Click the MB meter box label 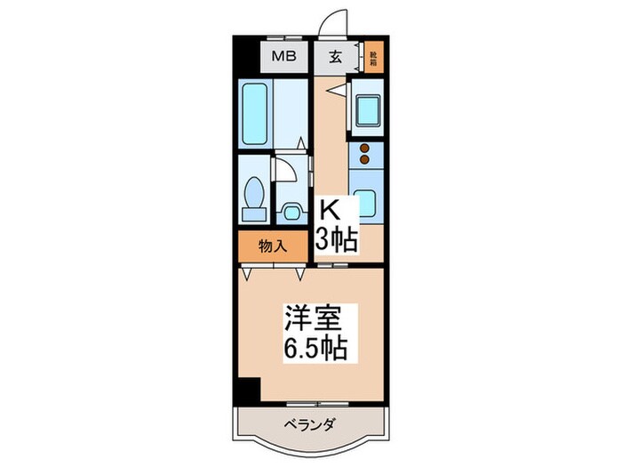283,57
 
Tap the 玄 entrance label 338,57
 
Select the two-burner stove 364,156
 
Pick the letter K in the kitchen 329,212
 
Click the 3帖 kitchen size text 339,238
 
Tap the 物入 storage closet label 272,246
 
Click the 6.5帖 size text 315,346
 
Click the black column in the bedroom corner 248,388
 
